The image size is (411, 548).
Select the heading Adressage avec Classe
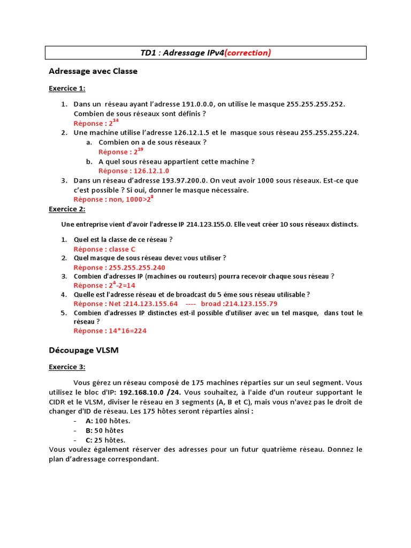(93, 71)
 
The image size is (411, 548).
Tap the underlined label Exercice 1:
(67, 88)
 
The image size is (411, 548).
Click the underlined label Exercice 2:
(67, 209)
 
